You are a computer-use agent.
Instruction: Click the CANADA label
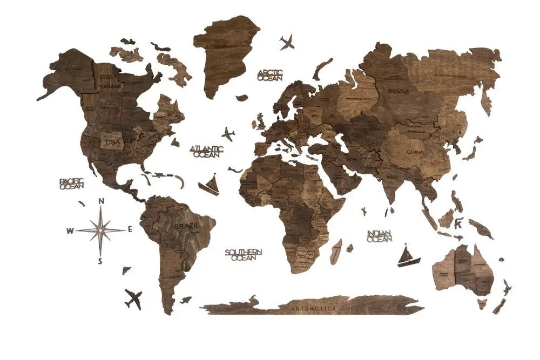click(x=110, y=86)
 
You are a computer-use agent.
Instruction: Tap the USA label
click(x=113, y=142)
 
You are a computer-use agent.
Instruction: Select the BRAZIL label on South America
click(x=186, y=225)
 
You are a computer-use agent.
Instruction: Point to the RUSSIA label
click(x=399, y=91)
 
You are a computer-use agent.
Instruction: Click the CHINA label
click(x=415, y=152)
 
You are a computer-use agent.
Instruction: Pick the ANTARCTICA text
click(x=313, y=309)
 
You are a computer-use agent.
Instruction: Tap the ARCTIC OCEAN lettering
click(x=269, y=75)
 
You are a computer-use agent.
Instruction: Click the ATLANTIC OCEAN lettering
click(x=207, y=151)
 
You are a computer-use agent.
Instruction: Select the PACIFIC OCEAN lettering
click(x=72, y=184)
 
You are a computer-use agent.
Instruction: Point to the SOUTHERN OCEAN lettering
click(x=244, y=255)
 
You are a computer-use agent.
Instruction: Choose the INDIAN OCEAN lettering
click(x=380, y=236)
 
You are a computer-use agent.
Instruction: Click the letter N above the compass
click(x=101, y=202)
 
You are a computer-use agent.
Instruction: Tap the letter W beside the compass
click(x=70, y=231)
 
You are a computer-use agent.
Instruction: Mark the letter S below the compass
click(x=100, y=261)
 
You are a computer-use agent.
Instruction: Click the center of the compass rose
click(x=100, y=230)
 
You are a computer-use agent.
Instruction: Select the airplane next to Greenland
click(x=287, y=42)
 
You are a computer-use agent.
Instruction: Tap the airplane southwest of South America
click(x=133, y=298)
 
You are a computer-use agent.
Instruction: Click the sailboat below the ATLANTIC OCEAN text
click(x=210, y=185)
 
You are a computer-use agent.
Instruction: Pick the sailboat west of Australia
click(x=408, y=256)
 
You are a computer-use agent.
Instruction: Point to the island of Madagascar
click(x=336, y=252)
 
